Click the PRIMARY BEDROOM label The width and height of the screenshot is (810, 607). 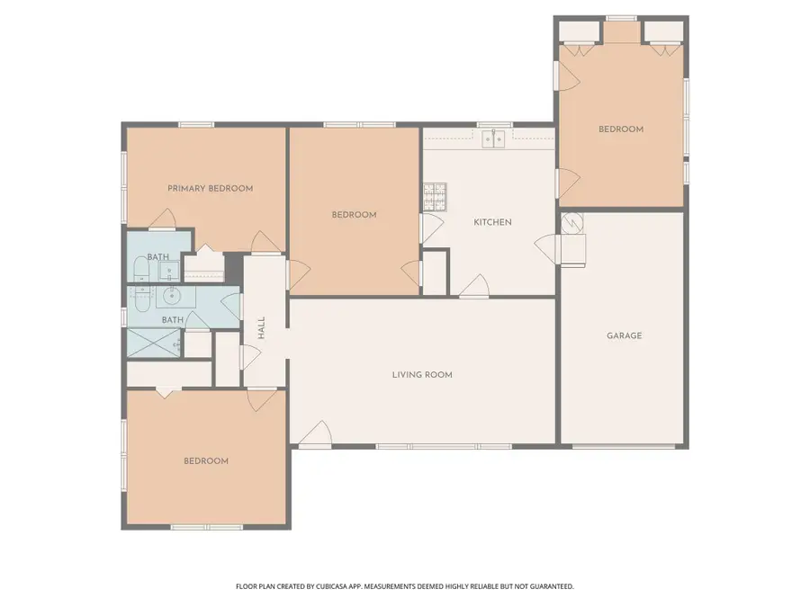tap(210, 189)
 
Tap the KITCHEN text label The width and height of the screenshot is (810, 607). tap(492, 222)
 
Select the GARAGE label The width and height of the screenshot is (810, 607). tap(624, 335)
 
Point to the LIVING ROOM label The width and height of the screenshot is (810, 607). tap(421, 375)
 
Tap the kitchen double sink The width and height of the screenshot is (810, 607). tap(492, 138)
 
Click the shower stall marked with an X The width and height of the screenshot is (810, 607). tap(155, 344)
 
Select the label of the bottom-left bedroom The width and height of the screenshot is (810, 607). tap(206, 461)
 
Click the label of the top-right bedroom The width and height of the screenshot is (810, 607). tap(621, 129)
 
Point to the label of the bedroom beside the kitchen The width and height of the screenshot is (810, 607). tap(354, 215)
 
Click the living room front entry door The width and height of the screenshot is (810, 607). tap(314, 436)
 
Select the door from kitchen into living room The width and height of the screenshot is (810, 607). tap(474, 286)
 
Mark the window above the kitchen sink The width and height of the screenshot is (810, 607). tap(493, 125)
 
